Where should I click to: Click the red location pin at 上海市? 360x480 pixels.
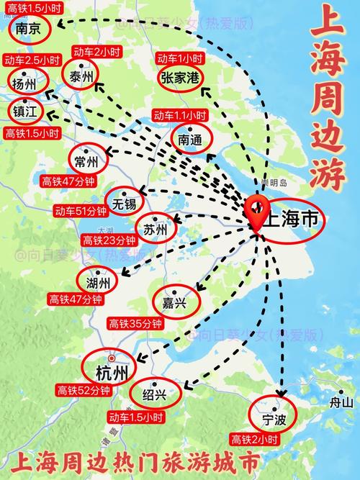point(255,211)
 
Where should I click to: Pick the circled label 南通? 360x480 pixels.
point(192,140)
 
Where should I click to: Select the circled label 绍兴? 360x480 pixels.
point(154,394)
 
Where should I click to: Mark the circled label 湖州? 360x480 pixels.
point(97,280)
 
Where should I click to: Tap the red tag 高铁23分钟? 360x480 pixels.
point(109,240)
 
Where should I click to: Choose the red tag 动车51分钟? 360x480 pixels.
point(81,211)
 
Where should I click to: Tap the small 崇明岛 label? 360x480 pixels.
point(274,183)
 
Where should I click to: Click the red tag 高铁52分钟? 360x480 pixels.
point(84,391)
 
